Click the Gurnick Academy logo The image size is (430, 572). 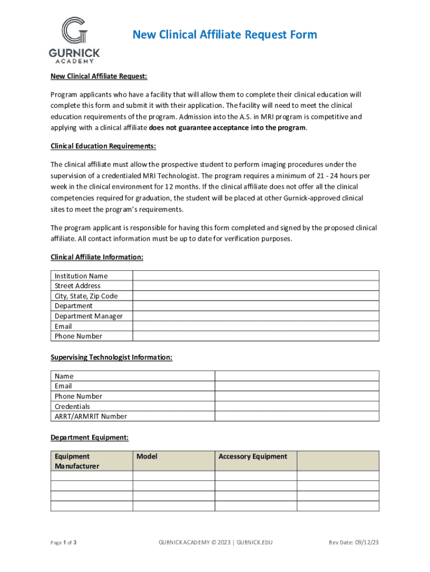(74, 40)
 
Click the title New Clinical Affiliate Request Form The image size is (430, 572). (224, 35)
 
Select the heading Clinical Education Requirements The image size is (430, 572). (103, 146)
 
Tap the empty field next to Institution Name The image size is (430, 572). (256, 275)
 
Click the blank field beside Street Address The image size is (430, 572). (256, 285)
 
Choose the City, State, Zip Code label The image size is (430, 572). (86, 296)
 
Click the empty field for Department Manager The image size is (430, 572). (256, 316)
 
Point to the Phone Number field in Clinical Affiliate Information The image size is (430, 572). (256, 336)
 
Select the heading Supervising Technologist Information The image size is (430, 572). (111, 357)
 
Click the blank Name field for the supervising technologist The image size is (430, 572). (297, 376)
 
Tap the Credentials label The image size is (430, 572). (72, 407)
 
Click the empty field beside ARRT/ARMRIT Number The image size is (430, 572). (297, 416)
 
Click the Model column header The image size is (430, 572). (147, 456)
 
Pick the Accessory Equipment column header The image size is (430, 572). (252, 456)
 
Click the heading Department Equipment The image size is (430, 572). (90, 437)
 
